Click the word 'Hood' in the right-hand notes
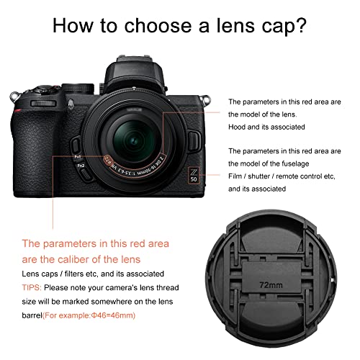[238, 127]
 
